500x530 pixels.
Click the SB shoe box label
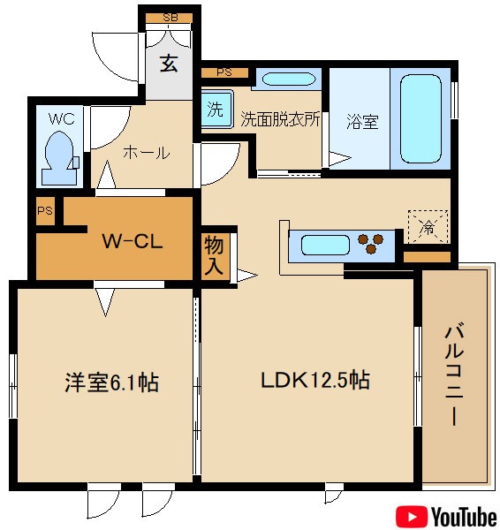click(169, 18)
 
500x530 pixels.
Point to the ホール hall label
click(146, 152)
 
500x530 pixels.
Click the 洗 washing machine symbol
click(215, 110)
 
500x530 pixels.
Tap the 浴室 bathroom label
click(362, 121)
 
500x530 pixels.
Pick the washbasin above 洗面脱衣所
click(286, 79)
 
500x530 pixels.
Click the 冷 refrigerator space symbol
click(428, 227)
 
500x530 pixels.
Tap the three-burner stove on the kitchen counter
click(373, 242)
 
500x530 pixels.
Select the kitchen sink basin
click(322, 243)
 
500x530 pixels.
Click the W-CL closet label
click(132, 241)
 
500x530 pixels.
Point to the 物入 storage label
click(213, 256)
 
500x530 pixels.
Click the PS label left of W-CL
click(45, 212)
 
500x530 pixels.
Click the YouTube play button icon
click(410, 515)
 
